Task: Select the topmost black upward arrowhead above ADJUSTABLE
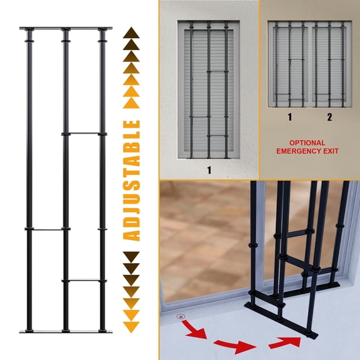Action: click(x=132, y=32)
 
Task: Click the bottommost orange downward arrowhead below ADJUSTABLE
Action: click(x=132, y=326)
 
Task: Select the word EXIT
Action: click(x=334, y=151)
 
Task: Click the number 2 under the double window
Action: click(x=329, y=117)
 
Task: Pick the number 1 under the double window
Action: click(x=289, y=117)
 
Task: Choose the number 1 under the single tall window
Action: click(x=208, y=169)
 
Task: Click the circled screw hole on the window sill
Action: click(x=181, y=317)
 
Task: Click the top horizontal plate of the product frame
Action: click(x=66, y=29)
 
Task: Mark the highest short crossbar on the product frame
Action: click(x=84, y=133)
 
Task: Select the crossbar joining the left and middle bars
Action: click(x=46, y=229)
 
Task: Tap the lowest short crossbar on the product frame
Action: click(x=84, y=280)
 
